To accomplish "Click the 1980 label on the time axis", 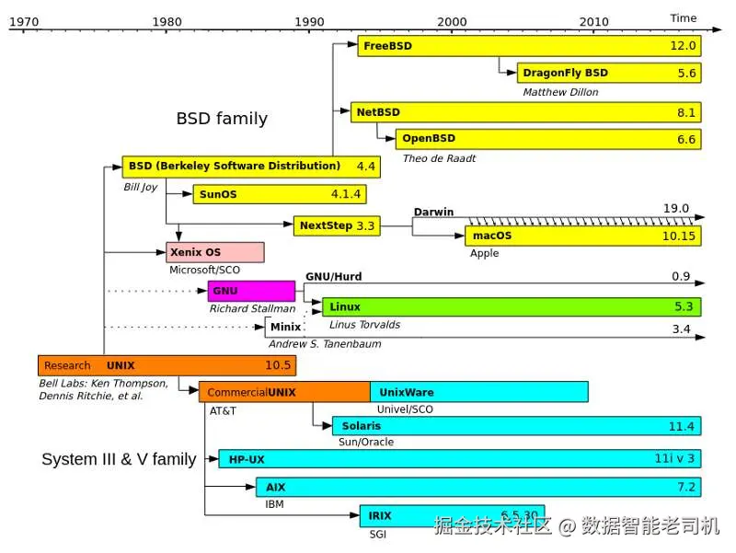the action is [x=167, y=21].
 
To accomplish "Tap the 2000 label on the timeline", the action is [x=452, y=21].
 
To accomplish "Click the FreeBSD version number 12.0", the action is [x=683, y=45].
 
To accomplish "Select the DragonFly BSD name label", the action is [x=565, y=73].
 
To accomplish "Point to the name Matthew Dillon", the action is [x=560, y=92].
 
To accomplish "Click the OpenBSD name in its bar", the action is [x=429, y=139].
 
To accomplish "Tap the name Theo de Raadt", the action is [x=439, y=158].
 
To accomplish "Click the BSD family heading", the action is [x=222, y=119].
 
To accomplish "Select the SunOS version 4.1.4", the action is [x=346, y=194].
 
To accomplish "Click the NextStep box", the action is [x=337, y=225].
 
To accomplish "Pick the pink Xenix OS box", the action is [x=215, y=252].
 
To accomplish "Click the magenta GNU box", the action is [x=251, y=291].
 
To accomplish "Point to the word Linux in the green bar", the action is [x=344, y=307].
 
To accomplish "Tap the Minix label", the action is [x=285, y=327].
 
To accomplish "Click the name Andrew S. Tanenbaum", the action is [x=325, y=344].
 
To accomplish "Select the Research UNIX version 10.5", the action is [x=278, y=365].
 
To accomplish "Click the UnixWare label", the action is [x=407, y=393].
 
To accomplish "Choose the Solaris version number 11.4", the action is [x=681, y=426].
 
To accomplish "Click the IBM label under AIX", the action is [x=274, y=504].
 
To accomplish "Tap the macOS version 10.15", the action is [x=679, y=236].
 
